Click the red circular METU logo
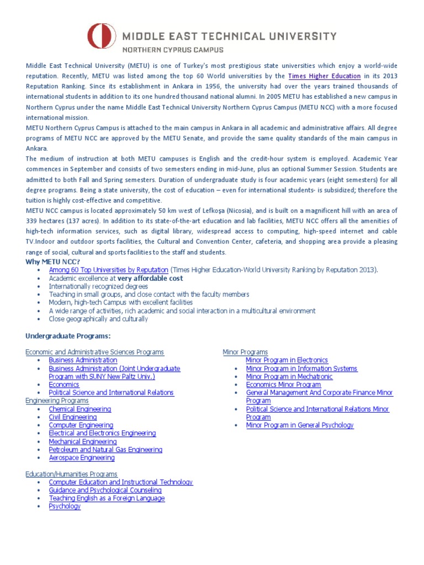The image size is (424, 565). (x=102, y=36)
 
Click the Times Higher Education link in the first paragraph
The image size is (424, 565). (x=325, y=76)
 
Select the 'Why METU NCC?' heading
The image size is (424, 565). (x=54, y=262)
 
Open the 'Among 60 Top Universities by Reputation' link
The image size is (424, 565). (x=108, y=270)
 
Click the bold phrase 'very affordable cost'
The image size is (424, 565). (x=150, y=278)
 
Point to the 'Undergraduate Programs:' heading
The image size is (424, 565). (x=68, y=336)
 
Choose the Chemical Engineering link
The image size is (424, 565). (x=80, y=409)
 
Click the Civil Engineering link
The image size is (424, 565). (x=73, y=417)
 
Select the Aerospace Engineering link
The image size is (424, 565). (x=82, y=457)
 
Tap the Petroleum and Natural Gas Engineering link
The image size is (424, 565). (x=105, y=450)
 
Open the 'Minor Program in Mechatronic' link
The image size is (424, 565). (x=289, y=376)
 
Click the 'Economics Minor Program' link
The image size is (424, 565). (x=283, y=385)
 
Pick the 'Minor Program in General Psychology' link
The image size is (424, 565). (x=300, y=425)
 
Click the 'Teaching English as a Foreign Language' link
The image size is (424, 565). (x=107, y=498)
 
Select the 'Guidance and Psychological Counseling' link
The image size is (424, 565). (x=105, y=490)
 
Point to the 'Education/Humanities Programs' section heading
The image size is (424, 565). (x=71, y=474)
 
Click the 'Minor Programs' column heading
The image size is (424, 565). (x=245, y=352)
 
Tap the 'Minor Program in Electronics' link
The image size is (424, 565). (x=287, y=360)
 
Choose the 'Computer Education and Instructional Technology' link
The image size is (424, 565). (x=121, y=482)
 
